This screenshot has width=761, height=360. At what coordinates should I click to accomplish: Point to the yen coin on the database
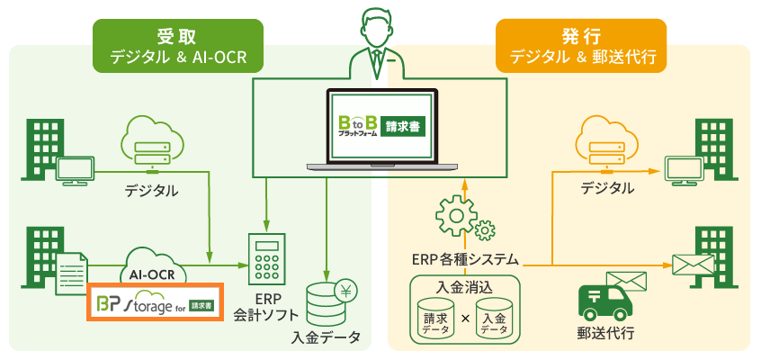coord(346,291)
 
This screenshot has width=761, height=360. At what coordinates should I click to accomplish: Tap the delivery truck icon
coord(605,302)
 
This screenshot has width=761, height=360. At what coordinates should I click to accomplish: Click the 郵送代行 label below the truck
coord(605,334)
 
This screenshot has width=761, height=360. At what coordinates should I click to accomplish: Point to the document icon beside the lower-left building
coord(74,274)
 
